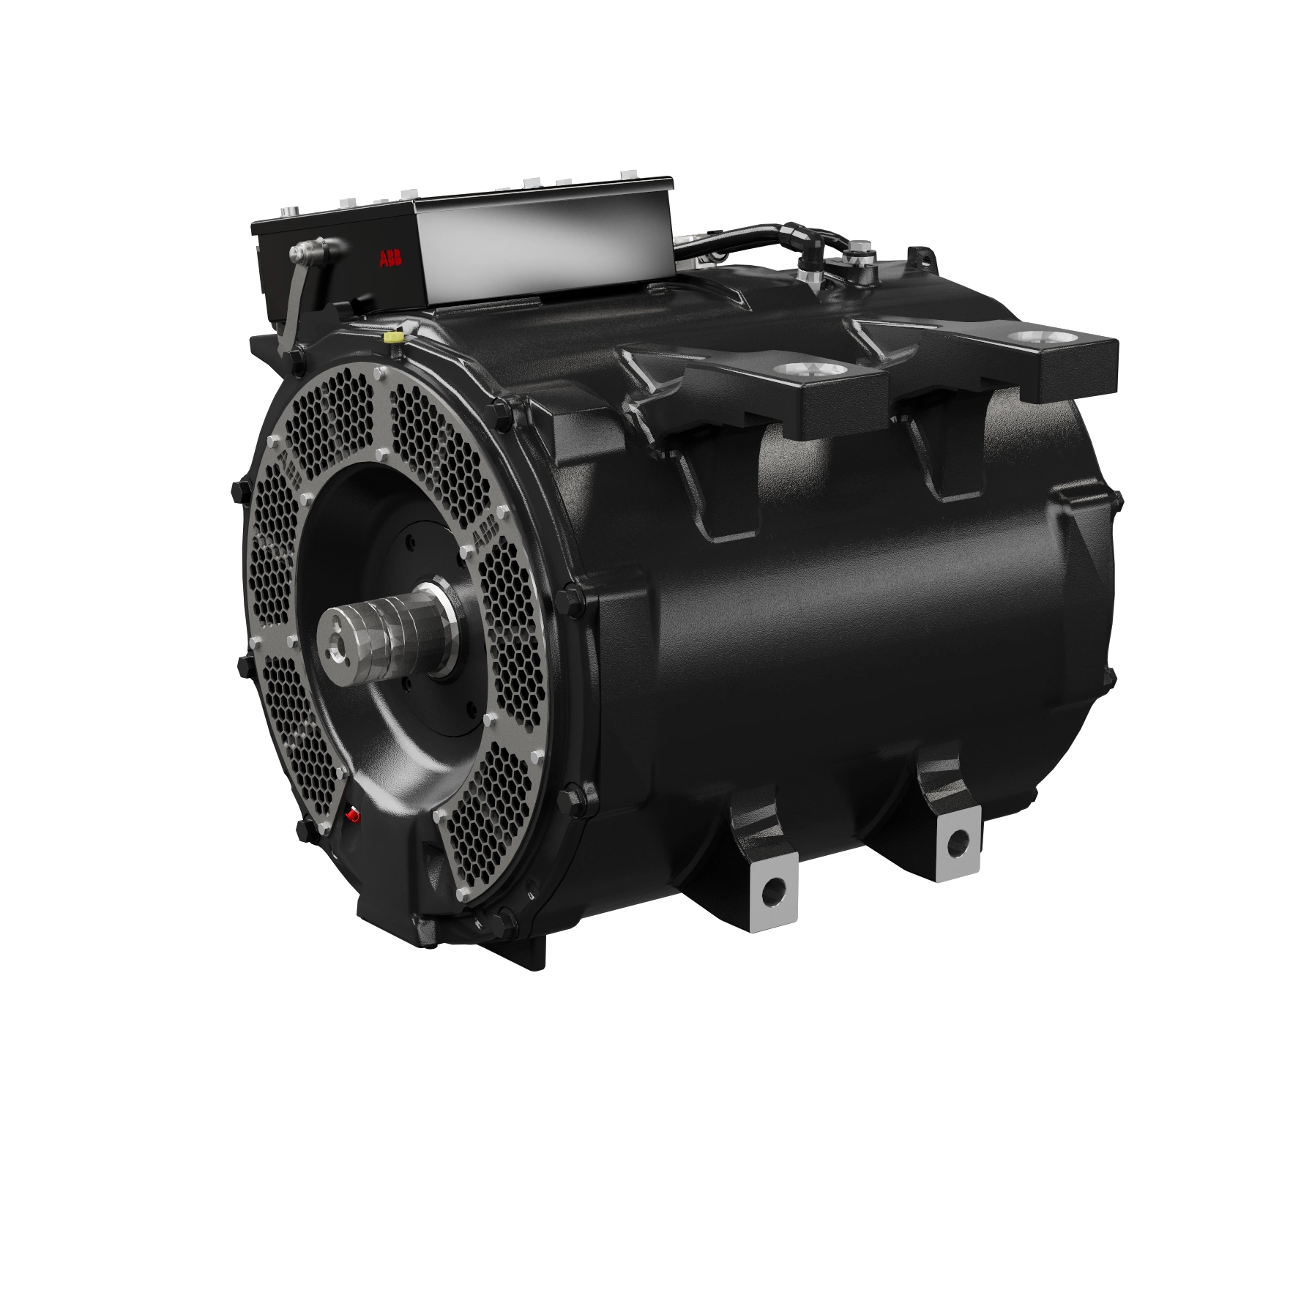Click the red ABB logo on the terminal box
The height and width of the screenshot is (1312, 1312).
[389, 260]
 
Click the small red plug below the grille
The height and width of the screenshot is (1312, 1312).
[352, 813]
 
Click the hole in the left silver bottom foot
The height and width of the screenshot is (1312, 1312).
[773, 892]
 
